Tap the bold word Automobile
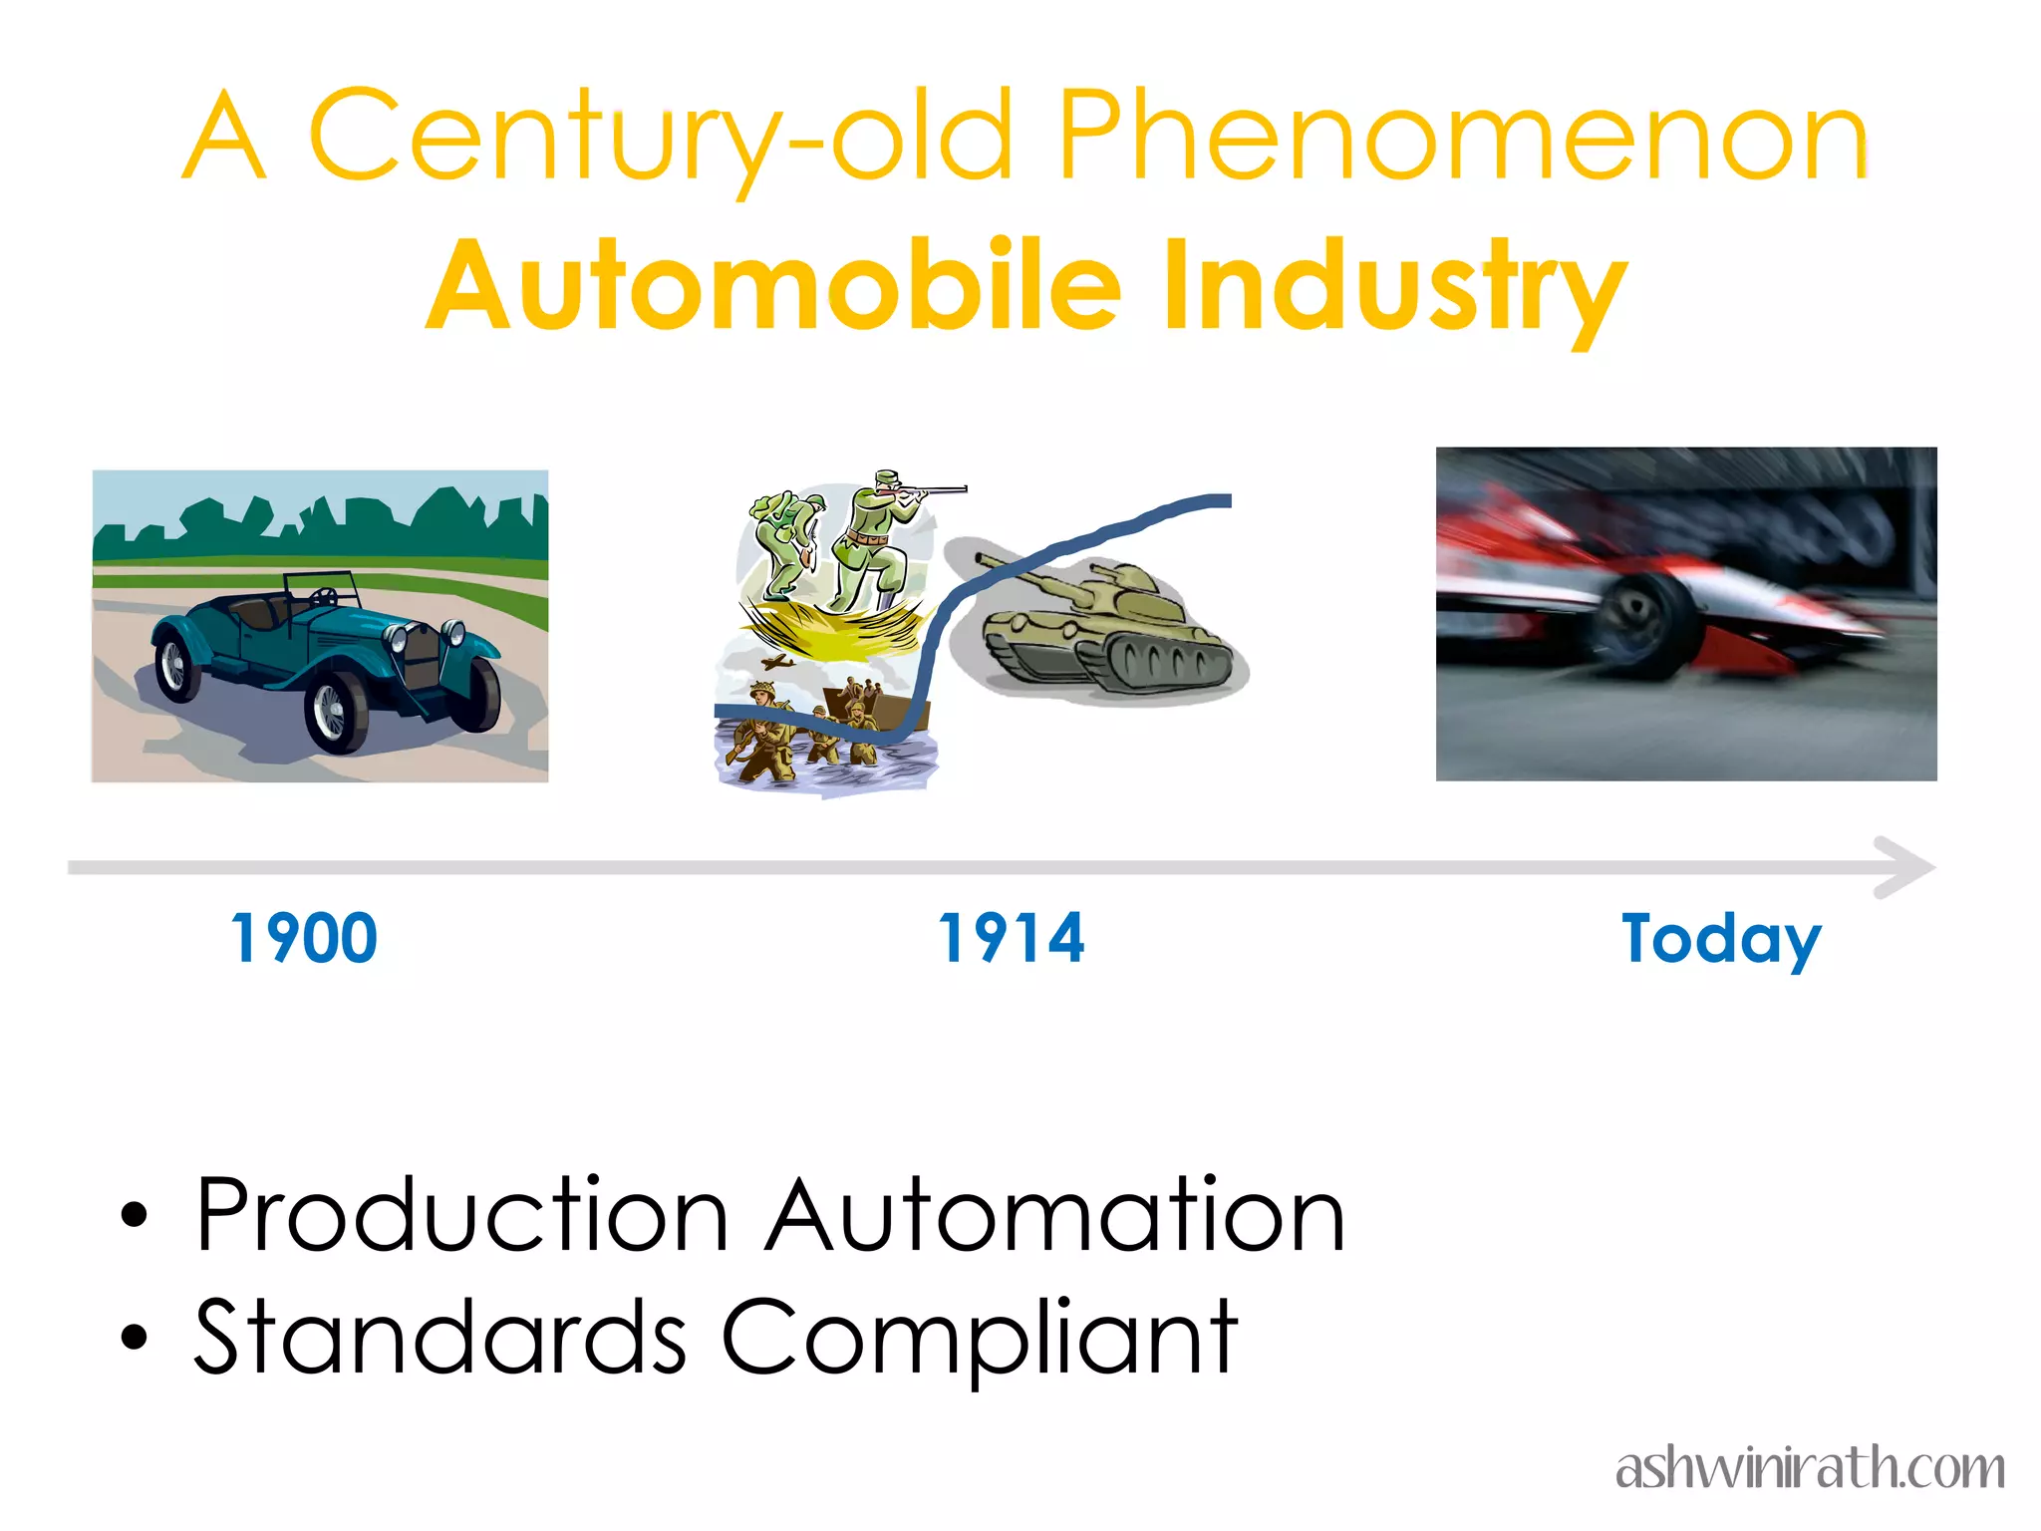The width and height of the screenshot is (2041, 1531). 774,286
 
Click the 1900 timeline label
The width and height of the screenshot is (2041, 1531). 304,939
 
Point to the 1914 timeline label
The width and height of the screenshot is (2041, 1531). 1012,939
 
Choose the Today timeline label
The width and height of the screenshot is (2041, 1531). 1721,939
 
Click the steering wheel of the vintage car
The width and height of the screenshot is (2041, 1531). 324,597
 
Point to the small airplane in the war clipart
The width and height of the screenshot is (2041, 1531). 776,662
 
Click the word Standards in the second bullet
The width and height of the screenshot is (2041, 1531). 439,1338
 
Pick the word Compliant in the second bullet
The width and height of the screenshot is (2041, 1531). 979,1338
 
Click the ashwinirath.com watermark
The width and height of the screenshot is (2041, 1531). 1810,1468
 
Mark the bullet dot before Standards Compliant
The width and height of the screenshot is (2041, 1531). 134,1338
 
